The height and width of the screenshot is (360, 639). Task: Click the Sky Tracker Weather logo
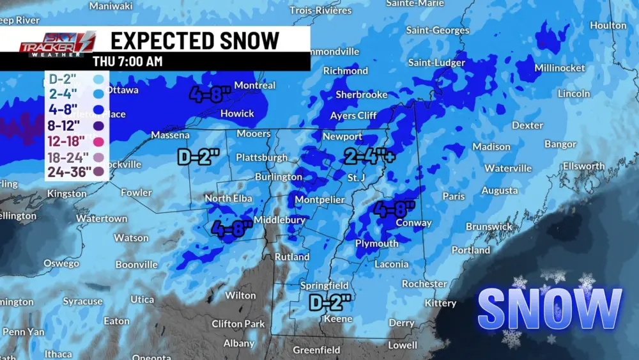(58, 45)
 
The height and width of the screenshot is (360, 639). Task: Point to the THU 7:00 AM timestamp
(127, 61)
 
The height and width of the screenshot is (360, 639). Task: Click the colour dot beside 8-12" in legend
(98, 125)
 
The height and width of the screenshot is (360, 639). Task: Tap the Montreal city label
(254, 85)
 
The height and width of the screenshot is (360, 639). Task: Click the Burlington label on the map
(278, 176)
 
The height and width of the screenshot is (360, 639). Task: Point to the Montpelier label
(319, 200)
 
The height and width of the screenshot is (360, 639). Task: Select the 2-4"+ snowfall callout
(367, 155)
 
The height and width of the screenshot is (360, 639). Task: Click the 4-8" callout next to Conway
(395, 208)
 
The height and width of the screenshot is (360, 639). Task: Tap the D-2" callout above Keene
(330, 301)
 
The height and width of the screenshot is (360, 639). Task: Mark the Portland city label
(471, 250)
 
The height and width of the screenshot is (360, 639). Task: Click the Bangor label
(560, 145)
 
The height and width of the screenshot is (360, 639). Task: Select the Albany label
(239, 343)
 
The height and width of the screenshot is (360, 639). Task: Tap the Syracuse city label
(82, 301)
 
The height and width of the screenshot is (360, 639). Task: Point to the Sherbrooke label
(362, 95)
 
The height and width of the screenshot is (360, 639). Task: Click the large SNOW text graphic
(550, 309)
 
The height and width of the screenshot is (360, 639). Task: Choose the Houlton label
(608, 26)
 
